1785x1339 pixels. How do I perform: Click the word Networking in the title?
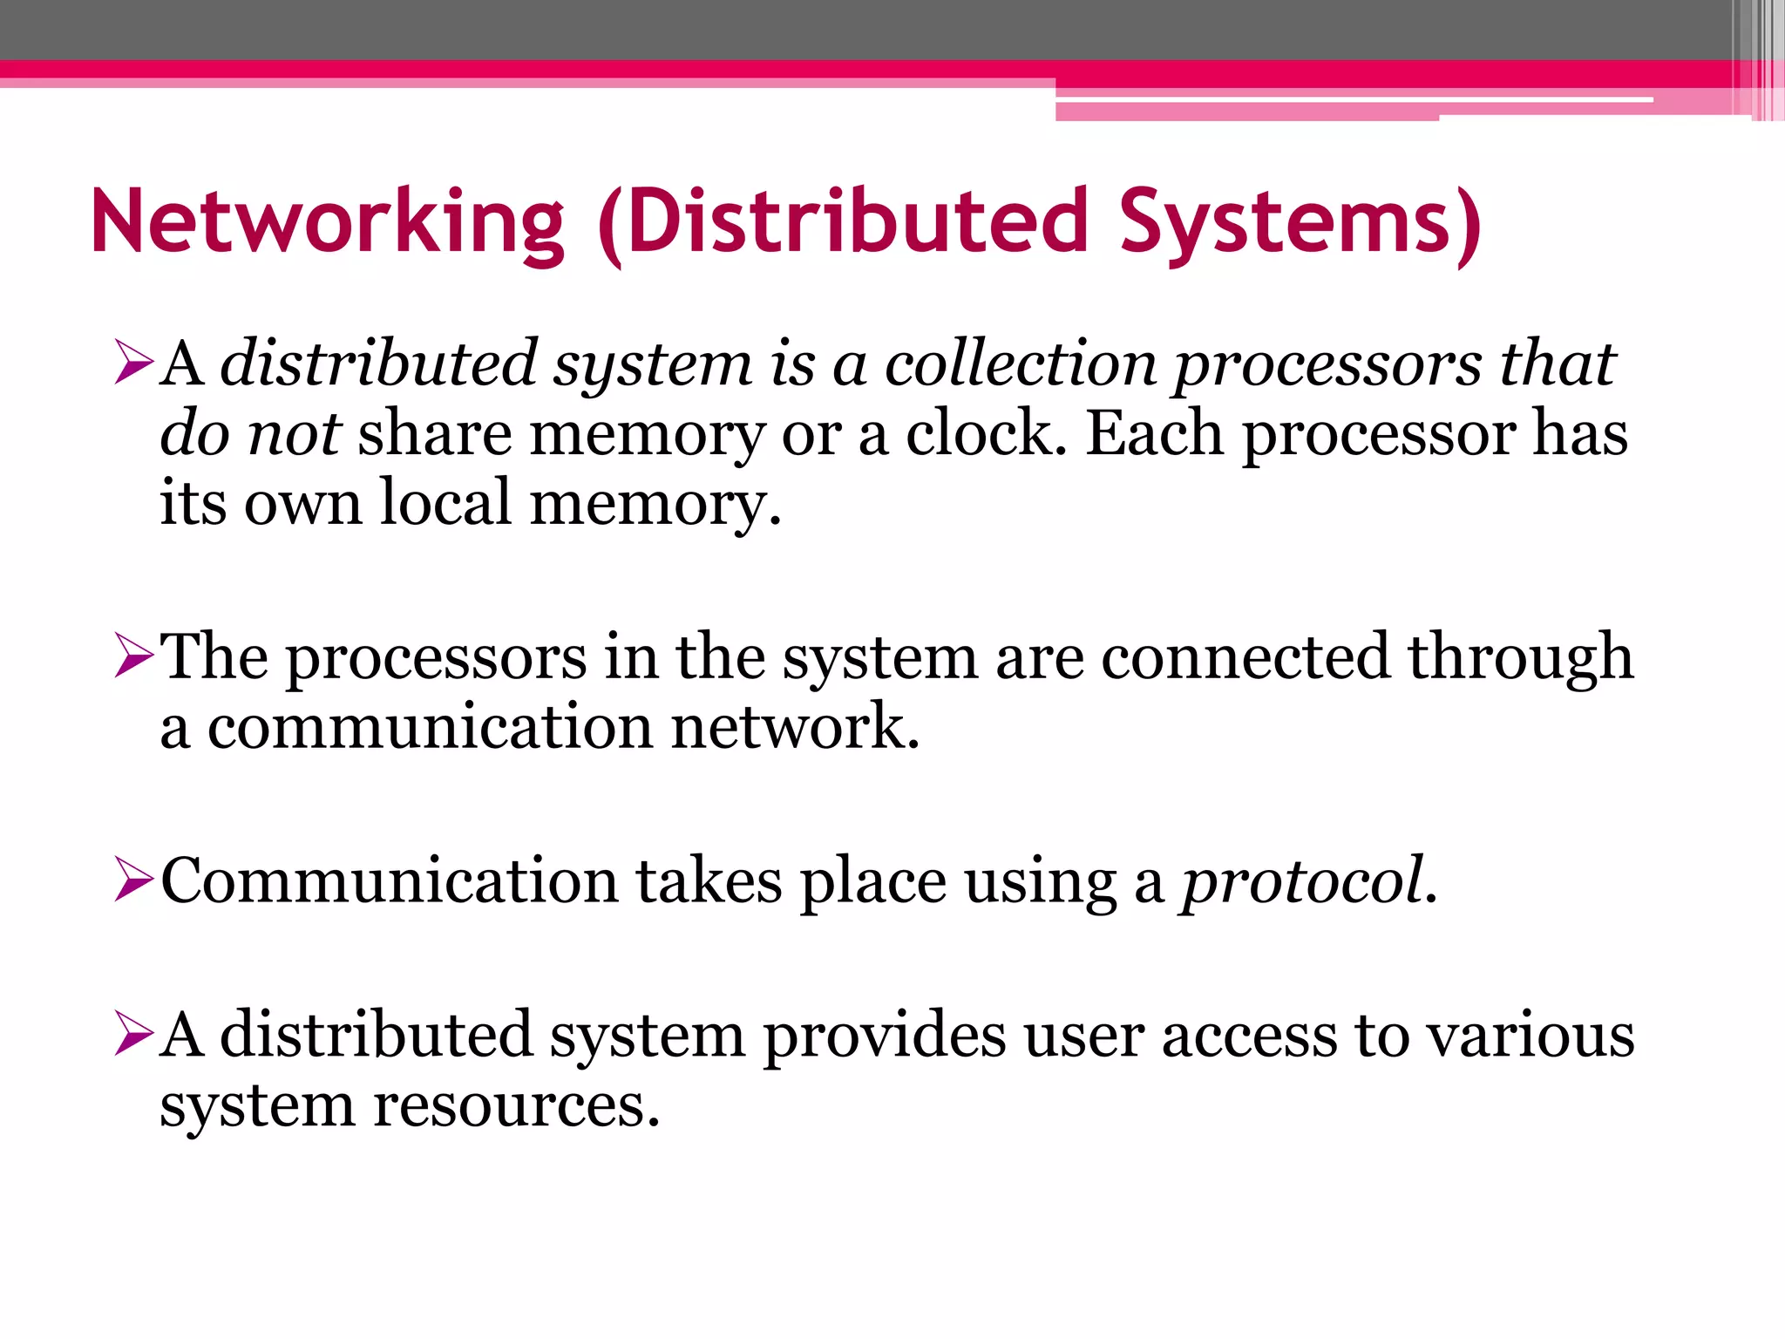(328, 222)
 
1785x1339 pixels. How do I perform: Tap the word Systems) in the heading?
(1300, 222)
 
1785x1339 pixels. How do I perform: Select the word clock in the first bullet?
(985, 434)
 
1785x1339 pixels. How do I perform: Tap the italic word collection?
(1021, 364)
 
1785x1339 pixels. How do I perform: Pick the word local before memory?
(445, 504)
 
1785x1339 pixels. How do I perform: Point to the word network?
(795, 728)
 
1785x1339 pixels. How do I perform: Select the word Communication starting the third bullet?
(389, 882)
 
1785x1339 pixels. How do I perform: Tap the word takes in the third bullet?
(709, 882)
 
